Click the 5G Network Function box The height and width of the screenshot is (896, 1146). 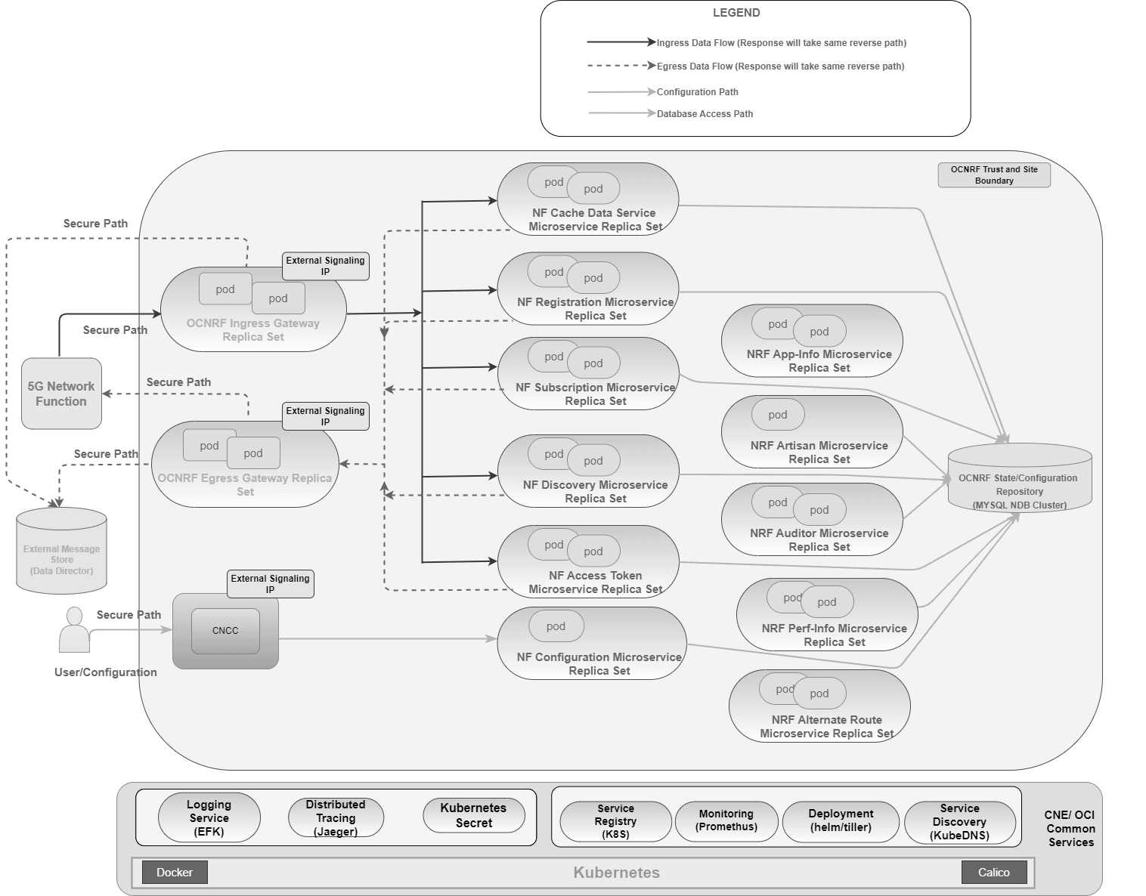point(61,394)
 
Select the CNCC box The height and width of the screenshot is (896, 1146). point(225,631)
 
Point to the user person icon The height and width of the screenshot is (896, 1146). point(74,630)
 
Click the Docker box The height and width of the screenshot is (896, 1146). point(175,873)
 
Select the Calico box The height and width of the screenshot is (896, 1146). point(993,873)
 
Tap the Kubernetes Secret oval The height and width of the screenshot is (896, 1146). point(474,816)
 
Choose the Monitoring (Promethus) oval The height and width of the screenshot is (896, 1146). point(726,820)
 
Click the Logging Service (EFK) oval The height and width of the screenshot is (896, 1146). point(209,818)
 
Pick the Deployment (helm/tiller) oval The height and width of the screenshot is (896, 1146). point(841,820)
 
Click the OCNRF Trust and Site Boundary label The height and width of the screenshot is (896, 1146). point(994,175)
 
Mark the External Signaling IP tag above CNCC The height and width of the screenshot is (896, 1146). point(271,584)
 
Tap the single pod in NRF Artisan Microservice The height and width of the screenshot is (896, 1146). point(778,415)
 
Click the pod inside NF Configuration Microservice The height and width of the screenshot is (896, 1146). point(556,626)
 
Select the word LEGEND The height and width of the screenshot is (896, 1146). point(736,13)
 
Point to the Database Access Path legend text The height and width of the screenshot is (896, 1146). point(705,114)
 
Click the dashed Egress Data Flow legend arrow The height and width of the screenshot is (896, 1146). point(620,66)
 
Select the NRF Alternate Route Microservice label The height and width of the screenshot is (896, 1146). point(826,727)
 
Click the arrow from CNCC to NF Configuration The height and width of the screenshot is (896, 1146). point(386,639)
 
